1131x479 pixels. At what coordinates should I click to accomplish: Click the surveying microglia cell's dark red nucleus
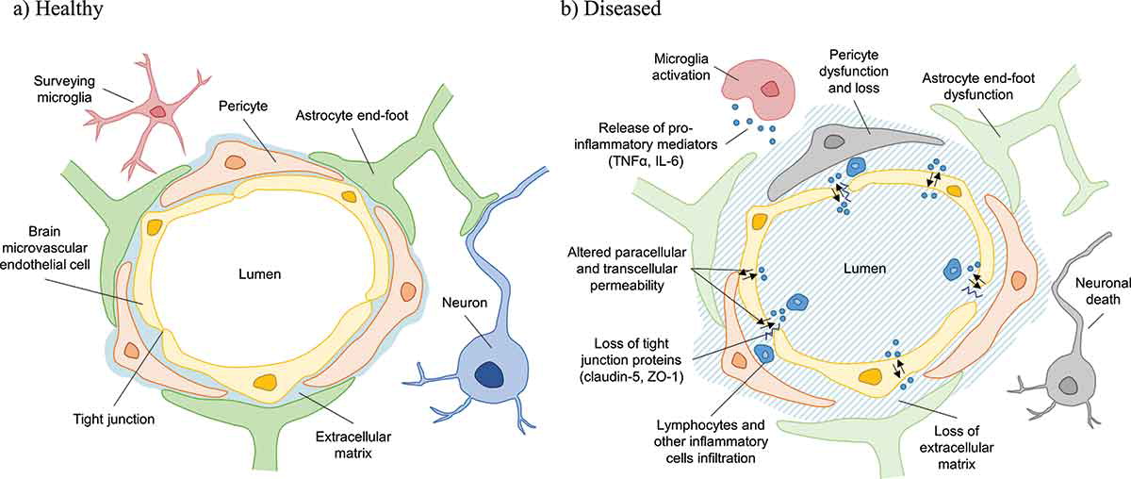(158, 111)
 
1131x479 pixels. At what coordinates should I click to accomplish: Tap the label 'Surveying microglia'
(64, 89)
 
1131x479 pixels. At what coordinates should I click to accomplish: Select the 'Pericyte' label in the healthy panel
(243, 107)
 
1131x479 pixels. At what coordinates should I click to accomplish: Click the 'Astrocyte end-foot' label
(352, 115)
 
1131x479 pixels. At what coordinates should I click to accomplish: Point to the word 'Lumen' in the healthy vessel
(259, 274)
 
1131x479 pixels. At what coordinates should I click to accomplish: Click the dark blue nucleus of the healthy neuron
(489, 375)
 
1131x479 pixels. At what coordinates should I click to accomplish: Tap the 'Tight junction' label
(114, 419)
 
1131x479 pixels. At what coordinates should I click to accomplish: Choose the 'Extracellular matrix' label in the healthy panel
(353, 445)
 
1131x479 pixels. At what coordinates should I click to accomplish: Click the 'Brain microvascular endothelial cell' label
(44, 248)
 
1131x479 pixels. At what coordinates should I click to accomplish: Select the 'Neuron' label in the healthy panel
(465, 303)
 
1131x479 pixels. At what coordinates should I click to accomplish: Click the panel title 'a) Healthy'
(58, 9)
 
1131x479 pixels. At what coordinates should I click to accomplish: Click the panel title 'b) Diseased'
(611, 9)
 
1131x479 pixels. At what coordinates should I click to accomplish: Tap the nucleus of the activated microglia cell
(770, 90)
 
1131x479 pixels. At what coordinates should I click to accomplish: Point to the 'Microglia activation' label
(681, 67)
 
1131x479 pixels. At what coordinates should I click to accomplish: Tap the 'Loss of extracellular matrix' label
(957, 447)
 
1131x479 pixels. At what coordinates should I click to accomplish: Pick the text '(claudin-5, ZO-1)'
(631, 376)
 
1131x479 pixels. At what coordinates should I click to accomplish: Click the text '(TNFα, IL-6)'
(646, 161)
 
